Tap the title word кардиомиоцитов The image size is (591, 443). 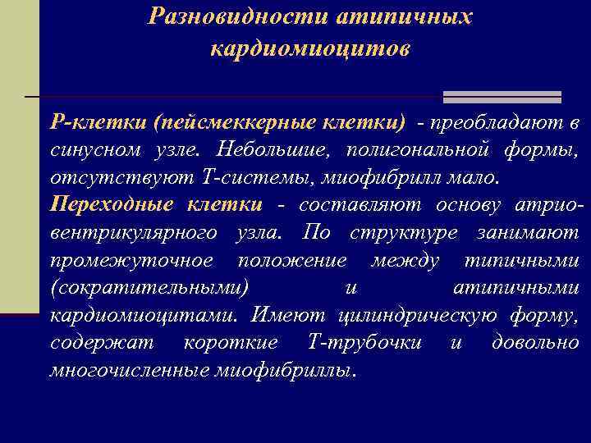click(309, 49)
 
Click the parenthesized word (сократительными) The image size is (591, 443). click(149, 288)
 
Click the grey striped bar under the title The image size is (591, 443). click(502, 97)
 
